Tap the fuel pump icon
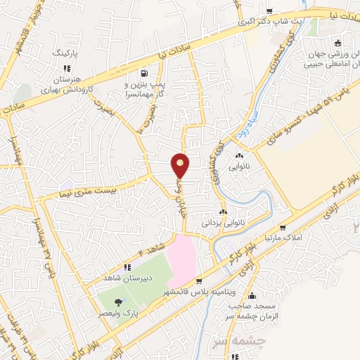tap(144, 72)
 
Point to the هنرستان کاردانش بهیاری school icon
tap(67, 68)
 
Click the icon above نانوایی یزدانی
tap(223, 212)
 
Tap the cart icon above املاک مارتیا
tap(283, 227)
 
